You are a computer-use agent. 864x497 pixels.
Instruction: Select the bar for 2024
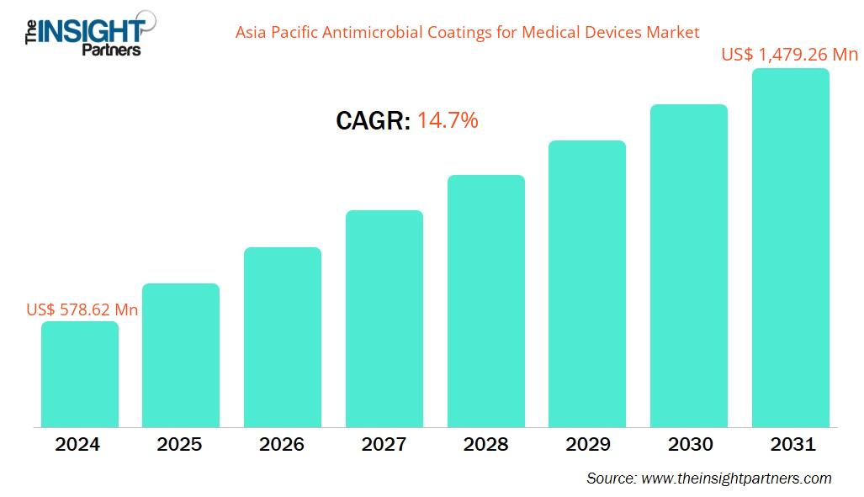pyautogui.click(x=80, y=374)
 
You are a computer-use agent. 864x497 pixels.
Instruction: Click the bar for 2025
pyautogui.click(x=181, y=355)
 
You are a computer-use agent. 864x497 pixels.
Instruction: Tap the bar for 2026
pyautogui.click(x=283, y=337)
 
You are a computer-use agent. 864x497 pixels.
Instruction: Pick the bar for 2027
pyautogui.click(x=384, y=319)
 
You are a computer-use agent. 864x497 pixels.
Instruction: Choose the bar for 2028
pyautogui.click(x=486, y=301)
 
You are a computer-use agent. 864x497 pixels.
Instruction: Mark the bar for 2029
pyautogui.click(x=587, y=283)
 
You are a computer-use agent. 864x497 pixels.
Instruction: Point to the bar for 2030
pyautogui.click(x=689, y=266)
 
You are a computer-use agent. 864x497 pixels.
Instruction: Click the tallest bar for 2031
pyautogui.click(x=791, y=248)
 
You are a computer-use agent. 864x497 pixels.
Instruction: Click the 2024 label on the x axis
pyautogui.click(x=77, y=445)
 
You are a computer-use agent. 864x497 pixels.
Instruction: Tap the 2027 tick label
pyautogui.click(x=384, y=445)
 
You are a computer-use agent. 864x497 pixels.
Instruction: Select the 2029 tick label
pyautogui.click(x=587, y=445)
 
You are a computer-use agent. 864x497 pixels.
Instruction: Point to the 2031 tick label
pyautogui.click(x=792, y=445)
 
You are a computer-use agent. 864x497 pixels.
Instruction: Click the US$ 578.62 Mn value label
pyautogui.click(x=82, y=309)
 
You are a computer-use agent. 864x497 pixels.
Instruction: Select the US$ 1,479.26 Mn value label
pyautogui.click(x=789, y=55)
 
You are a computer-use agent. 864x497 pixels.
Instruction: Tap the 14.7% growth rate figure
pyautogui.click(x=448, y=120)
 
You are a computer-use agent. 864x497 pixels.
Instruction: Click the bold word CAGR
pyautogui.click(x=373, y=121)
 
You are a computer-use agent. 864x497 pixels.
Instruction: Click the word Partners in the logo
pyautogui.click(x=111, y=50)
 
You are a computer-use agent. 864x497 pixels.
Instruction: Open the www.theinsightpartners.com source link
pyautogui.click(x=736, y=478)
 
